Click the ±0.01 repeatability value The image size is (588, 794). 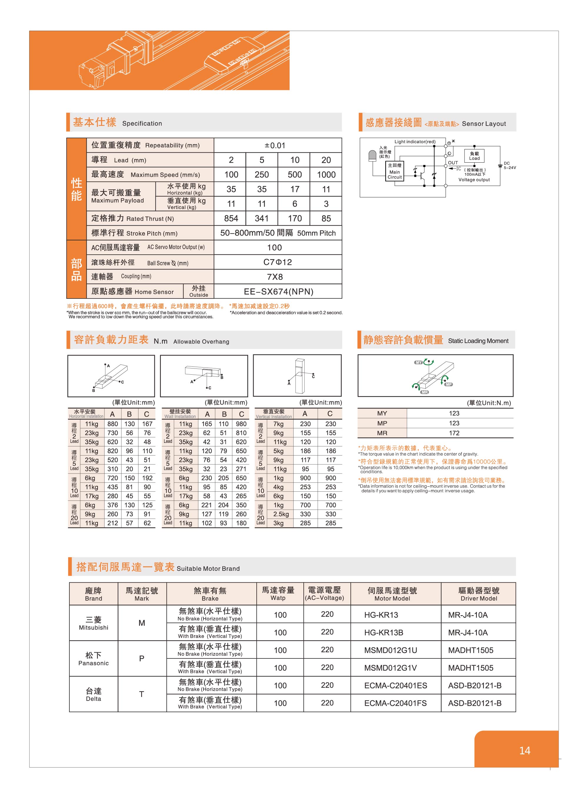pyautogui.click(x=275, y=145)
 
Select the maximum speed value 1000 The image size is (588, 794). pyautogui.click(x=326, y=174)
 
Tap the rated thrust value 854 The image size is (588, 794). pyautogui.click(x=231, y=218)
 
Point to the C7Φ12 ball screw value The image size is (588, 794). pyautogui.click(x=278, y=262)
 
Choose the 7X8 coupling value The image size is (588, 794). pyautogui.click(x=275, y=277)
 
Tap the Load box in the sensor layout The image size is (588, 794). pyautogui.click(x=474, y=156)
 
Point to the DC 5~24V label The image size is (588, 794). pyautogui.click(x=509, y=165)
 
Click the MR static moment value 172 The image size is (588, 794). pyautogui.click(x=454, y=433)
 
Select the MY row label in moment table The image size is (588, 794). pyautogui.click(x=382, y=413)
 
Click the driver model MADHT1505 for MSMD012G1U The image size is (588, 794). pyautogui.click(x=470, y=650)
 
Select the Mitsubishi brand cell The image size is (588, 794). pyautogui.click(x=93, y=623)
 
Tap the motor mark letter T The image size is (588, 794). pyautogui.click(x=142, y=694)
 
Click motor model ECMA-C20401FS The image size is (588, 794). pyautogui.click(x=395, y=703)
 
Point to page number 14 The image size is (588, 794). pyautogui.click(x=525, y=750)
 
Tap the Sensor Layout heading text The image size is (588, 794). pyautogui.click(x=484, y=124)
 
